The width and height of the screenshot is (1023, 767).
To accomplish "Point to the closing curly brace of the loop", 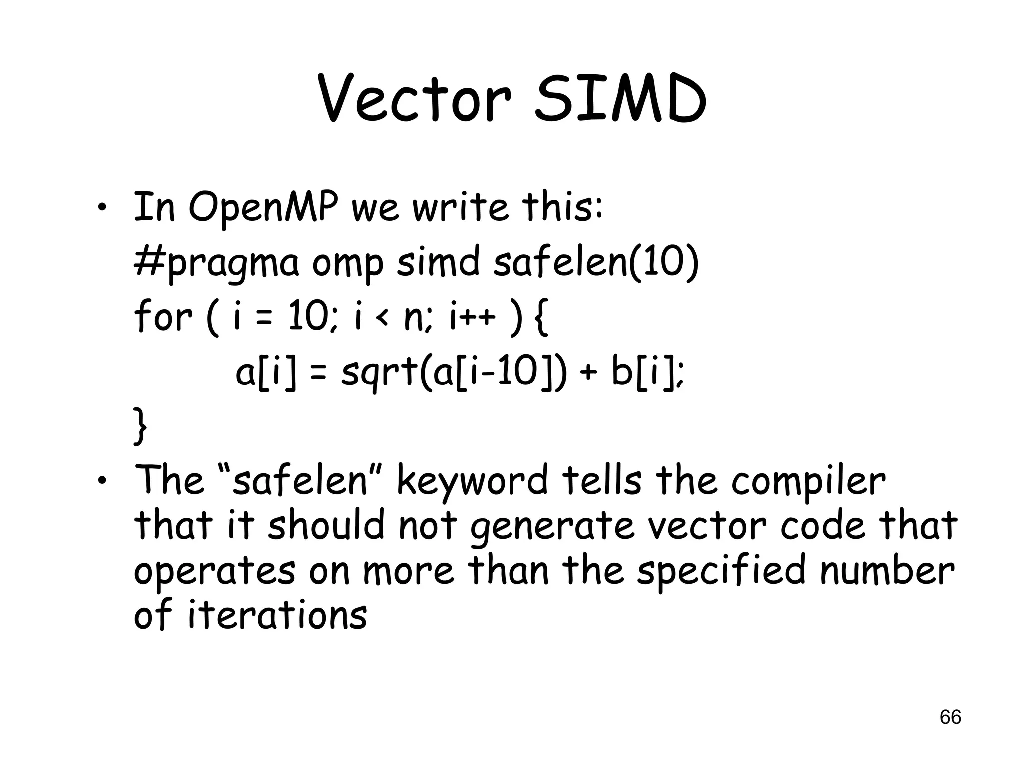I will coord(140,426).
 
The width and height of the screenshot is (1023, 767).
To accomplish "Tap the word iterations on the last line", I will coord(277,615).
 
